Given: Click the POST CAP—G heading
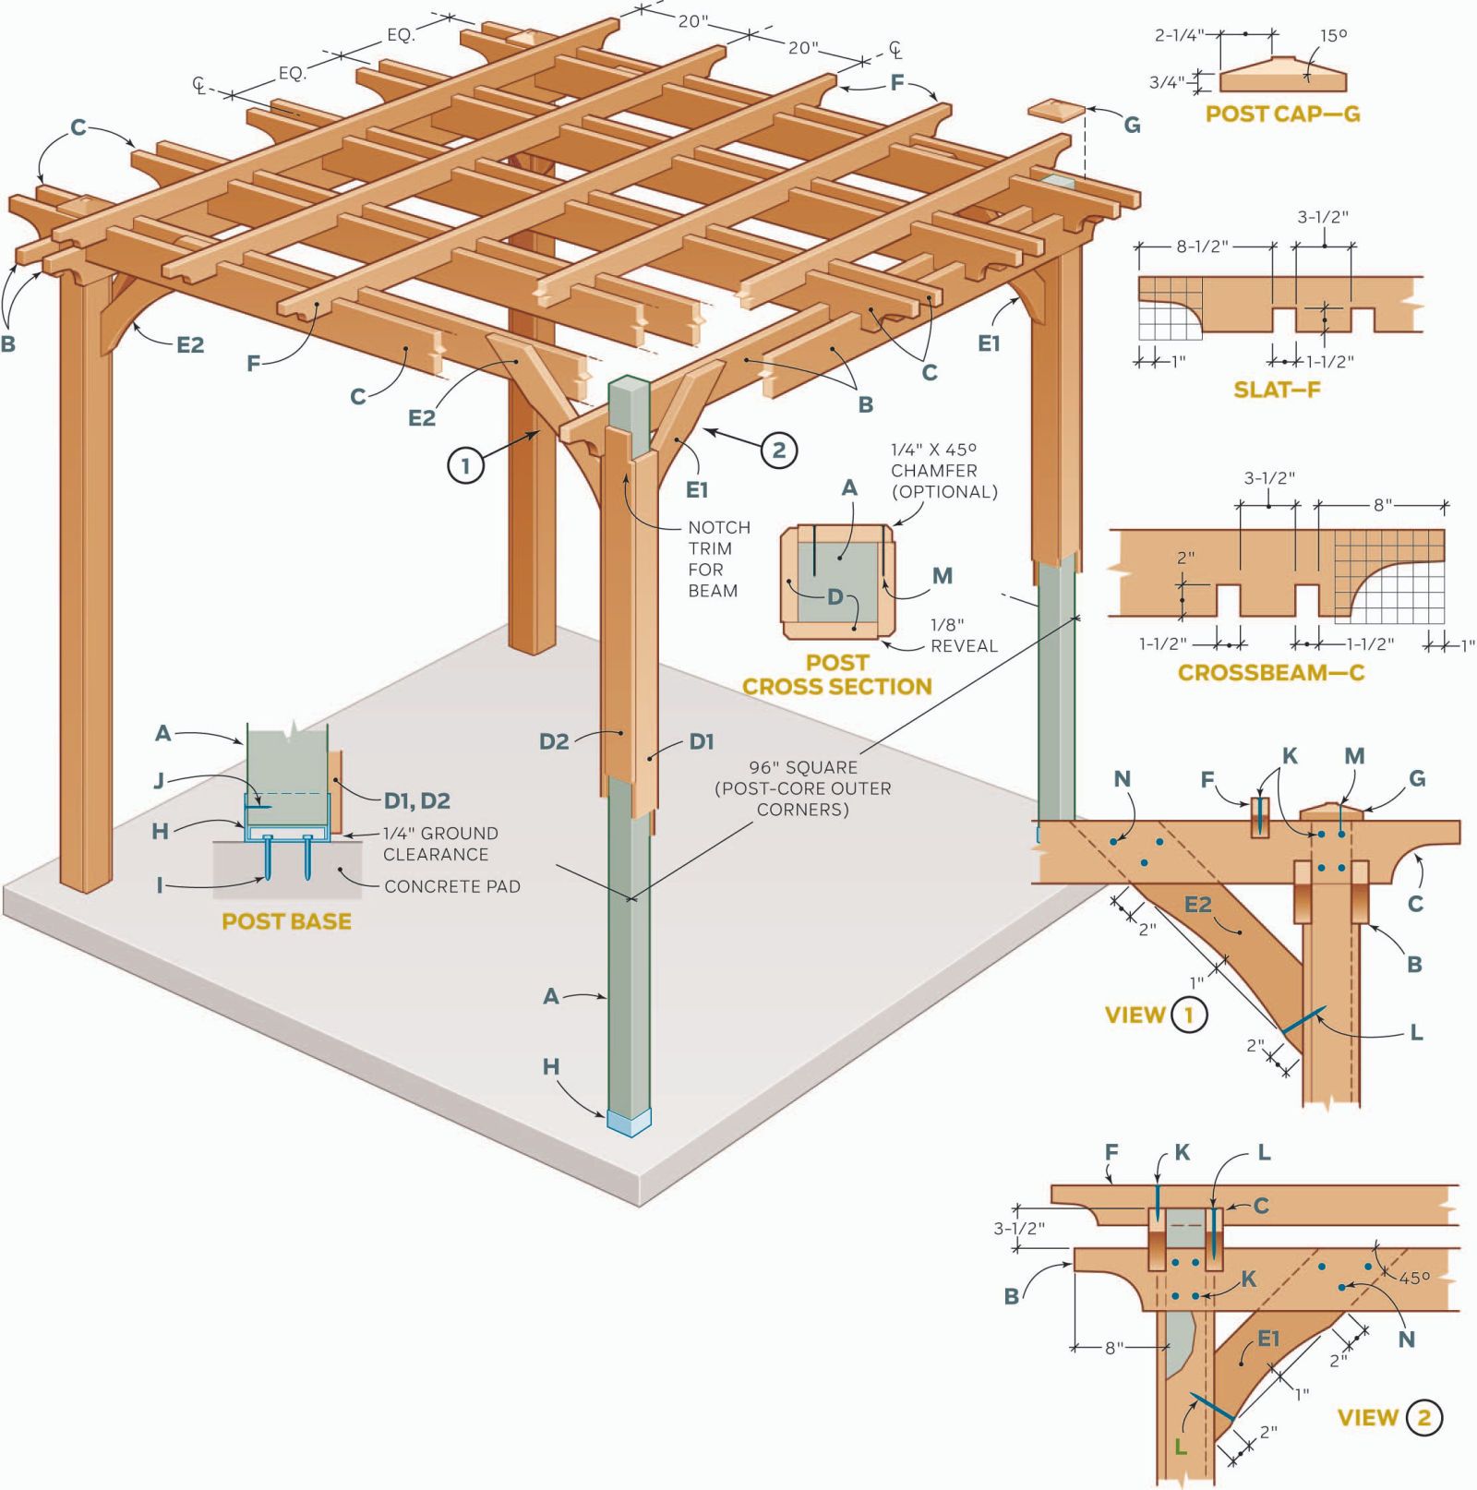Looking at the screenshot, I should pos(1282,114).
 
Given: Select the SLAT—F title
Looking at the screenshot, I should pos(1277,390).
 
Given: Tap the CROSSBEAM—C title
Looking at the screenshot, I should pos(1270,672).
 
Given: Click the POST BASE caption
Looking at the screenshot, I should pos(286,921).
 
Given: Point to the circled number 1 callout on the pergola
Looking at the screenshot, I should pos(465,465).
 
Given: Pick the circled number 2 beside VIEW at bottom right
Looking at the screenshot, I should pos(1423,1417).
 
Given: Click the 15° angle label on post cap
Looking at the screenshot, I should pos(1333,36).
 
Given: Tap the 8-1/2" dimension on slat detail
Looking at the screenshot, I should pos(1202,246).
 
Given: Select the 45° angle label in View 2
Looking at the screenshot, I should pos(1414,1279).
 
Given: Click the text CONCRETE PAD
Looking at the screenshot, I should pos(452,886).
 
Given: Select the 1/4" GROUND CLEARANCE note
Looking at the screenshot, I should pos(440,844).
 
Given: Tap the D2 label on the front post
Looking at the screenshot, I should pos(554,741).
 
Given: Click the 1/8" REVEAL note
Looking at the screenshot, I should pos(964,635).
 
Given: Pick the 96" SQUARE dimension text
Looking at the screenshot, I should pos(803,767).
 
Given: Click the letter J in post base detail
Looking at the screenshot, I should pos(159,781).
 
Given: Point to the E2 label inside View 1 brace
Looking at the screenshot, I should pos(1197,905).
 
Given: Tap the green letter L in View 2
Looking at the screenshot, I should pos(1180,1447).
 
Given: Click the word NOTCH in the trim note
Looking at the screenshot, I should pos(719,527).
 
